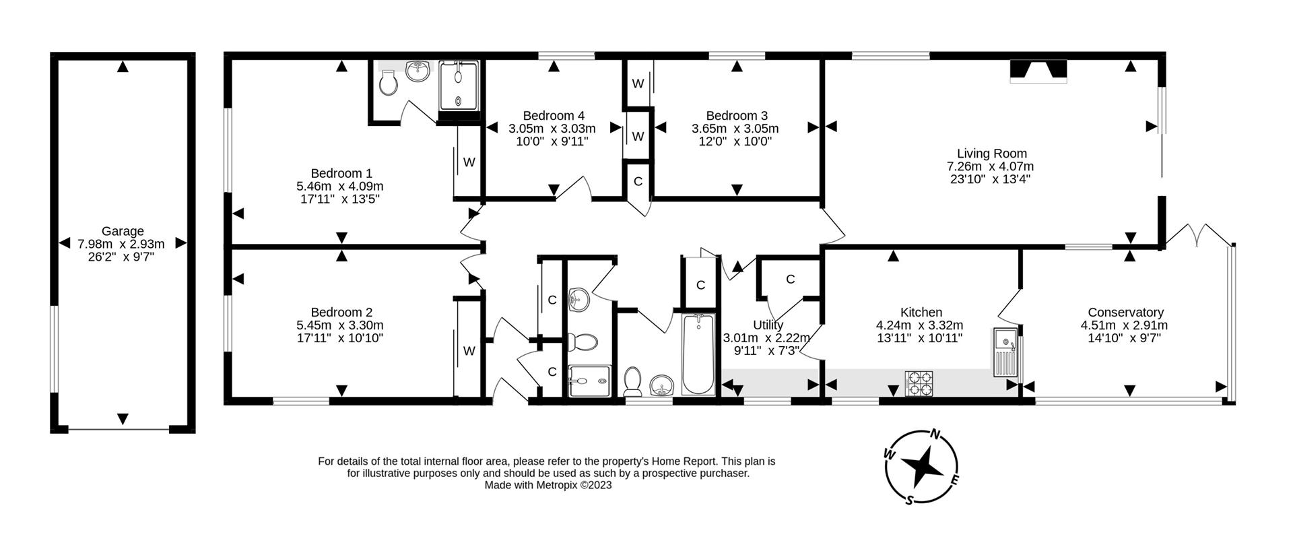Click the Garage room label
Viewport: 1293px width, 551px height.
coord(123,231)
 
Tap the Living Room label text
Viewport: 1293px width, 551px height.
coord(991,154)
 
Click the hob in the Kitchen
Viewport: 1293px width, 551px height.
coord(919,383)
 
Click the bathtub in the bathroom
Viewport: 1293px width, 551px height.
coord(698,355)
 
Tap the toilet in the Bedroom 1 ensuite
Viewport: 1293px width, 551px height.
coord(388,84)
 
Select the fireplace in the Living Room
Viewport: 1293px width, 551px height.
coord(1038,71)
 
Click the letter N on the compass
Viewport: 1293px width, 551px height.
coord(935,434)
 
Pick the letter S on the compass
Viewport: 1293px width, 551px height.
coord(909,499)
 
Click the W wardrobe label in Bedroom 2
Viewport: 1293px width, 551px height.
coord(469,351)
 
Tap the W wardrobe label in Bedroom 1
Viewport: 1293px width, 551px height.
coord(469,162)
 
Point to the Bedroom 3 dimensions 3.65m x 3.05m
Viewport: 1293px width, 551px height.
coord(735,129)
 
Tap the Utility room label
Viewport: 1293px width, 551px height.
coord(768,325)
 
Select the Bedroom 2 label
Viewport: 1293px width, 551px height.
coord(341,313)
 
